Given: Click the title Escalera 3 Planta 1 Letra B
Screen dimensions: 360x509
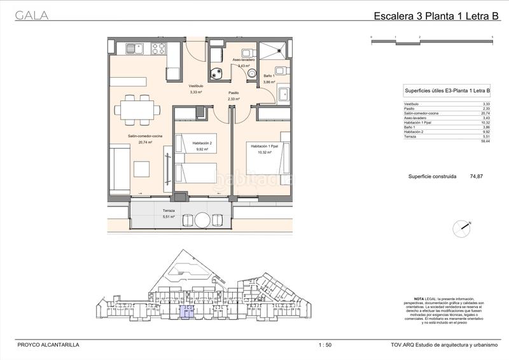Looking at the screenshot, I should click(x=436, y=18).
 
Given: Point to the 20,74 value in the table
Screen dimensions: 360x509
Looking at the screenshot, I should click(x=486, y=113).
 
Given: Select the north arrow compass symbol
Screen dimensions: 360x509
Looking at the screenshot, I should click(x=463, y=227).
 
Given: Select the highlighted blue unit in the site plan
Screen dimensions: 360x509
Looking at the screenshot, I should click(x=188, y=311).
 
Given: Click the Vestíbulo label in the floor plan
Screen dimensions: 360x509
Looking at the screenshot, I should click(x=195, y=85).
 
